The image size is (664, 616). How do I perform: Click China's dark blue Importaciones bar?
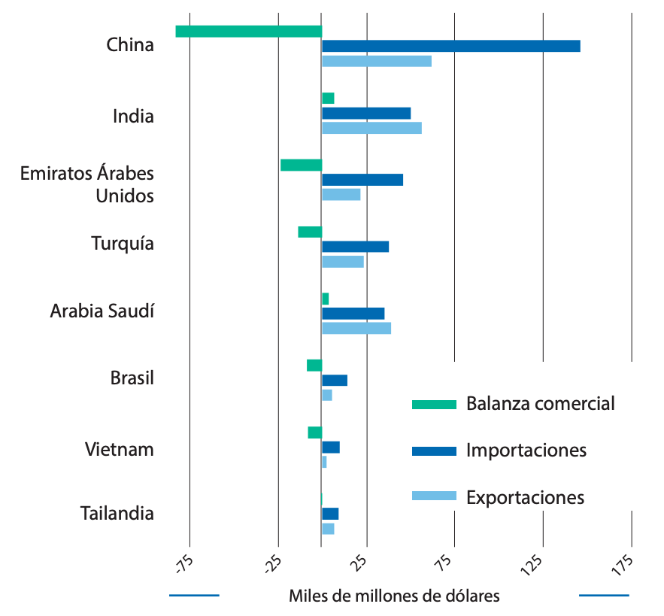pos(451,46)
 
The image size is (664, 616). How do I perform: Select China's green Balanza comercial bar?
pos(249,31)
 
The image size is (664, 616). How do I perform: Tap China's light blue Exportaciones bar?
pos(377,61)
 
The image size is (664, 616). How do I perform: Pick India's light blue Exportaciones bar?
pos(371,128)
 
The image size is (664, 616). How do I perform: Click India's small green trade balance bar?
pos(328,98)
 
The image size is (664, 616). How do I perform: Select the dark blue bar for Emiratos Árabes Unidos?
pos(362,180)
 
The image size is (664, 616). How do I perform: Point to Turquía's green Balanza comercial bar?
pos(310,232)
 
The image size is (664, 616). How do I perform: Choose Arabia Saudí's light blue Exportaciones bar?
pos(356,328)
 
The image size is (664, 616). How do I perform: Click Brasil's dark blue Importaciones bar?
pos(335,380)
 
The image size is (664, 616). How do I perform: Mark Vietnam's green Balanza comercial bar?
pos(315,432)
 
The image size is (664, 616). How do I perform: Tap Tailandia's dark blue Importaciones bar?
pos(330,514)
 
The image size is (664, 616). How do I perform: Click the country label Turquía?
pos(123,244)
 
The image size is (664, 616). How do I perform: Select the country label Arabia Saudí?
pos(102,311)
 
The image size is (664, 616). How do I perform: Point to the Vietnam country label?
pos(120,450)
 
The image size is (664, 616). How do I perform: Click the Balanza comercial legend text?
pos(541,403)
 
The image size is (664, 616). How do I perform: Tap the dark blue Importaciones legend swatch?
pos(434,451)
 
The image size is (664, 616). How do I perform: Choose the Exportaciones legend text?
pos(525,497)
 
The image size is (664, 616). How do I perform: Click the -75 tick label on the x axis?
pos(184,564)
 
